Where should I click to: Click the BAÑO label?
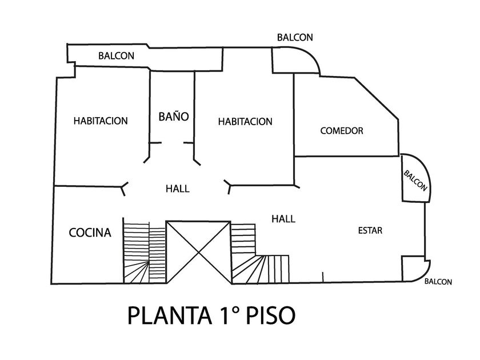tap(174, 117)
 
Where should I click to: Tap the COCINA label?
tap(90, 233)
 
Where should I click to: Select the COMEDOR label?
tap(342, 131)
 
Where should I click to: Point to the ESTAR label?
tap(370, 230)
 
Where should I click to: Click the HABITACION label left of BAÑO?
tap(101, 121)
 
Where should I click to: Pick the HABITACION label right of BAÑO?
tap(245, 122)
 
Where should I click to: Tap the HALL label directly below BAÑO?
tap(178, 188)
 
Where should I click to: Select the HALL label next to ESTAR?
tap(283, 218)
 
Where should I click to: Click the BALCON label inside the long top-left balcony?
tap(117, 56)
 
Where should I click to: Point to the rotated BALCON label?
tap(415, 181)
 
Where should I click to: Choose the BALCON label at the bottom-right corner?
tap(438, 282)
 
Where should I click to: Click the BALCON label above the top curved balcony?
tap(295, 37)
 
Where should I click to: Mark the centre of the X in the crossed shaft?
tap(199, 252)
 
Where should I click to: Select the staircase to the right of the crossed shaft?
tap(260, 254)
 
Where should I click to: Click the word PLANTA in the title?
tap(170, 315)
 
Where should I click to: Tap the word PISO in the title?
tap(271, 315)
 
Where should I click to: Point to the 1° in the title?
tap(229, 315)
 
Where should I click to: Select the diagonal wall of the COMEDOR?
tap(376, 98)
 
